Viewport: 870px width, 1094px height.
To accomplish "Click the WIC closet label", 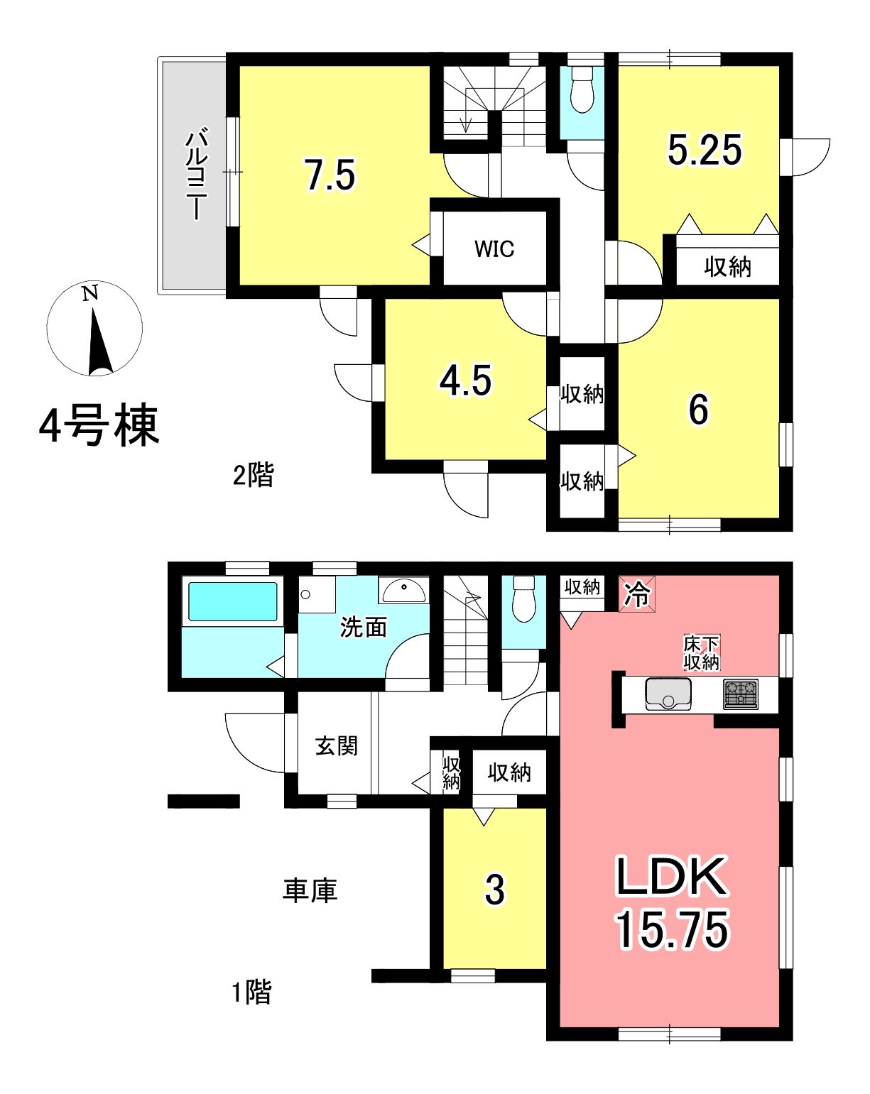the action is click(x=494, y=249).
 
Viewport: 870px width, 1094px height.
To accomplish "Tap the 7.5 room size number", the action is click(x=331, y=175).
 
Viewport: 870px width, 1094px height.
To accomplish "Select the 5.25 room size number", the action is click(x=704, y=150).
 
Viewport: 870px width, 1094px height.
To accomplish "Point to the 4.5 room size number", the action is click(x=465, y=381).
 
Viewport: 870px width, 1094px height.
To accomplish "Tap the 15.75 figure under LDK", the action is click(x=672, y=929).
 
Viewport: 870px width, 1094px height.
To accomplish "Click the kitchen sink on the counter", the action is click(x=668, y=694).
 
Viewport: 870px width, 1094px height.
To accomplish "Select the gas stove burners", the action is click(x=740, y=694).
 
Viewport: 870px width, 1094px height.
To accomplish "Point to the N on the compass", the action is click(x=90, y=293).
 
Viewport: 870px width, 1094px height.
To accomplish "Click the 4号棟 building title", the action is click(x=99, y=425).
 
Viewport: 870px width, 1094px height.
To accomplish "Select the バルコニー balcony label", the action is click(x=197, y=175).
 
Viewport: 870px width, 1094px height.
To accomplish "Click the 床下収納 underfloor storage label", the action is click(x=700, y=654).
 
